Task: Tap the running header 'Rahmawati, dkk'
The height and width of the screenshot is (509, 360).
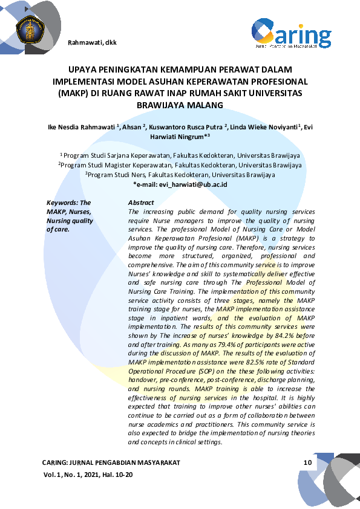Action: (x=93, y=42)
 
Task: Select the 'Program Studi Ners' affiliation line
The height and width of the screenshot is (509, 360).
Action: (x=180, y=174)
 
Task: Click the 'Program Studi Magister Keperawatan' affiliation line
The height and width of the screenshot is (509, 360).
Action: (x=180, y=164)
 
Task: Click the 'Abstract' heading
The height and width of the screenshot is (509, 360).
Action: (x=142, y=203)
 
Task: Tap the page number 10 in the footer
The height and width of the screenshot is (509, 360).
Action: (x=307, y=462)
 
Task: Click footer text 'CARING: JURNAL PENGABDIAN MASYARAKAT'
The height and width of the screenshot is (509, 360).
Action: (x=111, y=462)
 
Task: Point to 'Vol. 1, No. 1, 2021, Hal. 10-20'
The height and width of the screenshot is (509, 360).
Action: (x=88, y=476)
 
